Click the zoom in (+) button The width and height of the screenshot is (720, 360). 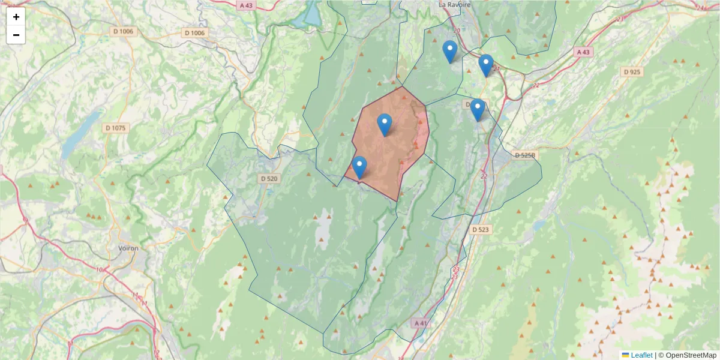(x=16, y=17)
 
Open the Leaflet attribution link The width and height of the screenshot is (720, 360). (x=641, y=355)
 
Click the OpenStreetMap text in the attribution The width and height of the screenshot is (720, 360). (x=691, y=355)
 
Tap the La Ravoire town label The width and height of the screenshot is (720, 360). (x=455, y=4)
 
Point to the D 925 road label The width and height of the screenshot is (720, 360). (x=632, y=72)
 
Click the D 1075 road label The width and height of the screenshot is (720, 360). (x=115, y=128)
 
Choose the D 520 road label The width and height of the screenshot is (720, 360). (x=269, y=178)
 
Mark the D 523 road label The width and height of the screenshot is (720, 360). (x=480, y=229)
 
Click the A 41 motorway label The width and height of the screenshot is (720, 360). (x=422, y=323)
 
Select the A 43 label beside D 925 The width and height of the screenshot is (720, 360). (x=583, y=52)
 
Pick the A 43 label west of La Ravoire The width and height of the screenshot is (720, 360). (x=246, y=5)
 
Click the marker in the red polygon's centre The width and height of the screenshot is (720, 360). (x=385, y=125)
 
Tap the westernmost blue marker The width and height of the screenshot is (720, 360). (x=359, y=167)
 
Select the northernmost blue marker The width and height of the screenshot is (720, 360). (x=449, y=52)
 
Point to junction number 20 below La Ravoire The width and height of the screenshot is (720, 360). (x=457, y=30)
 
